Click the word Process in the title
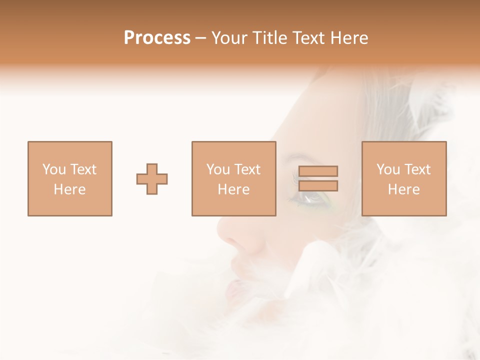[x=157, y=38]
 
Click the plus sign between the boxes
[x=152, y=179]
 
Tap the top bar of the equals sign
[x=318, y=171]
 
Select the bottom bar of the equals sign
[x=318, y=186]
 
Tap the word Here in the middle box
[x=234, y=189]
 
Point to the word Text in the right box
[x=416, y=169]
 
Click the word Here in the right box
[x=404, y=189]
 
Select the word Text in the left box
[x=82, y=169]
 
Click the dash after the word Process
[x=201, y=38]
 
